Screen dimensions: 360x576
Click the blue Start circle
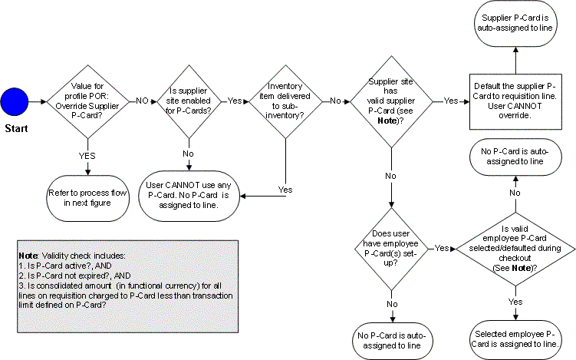15,101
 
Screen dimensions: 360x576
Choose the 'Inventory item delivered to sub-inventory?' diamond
285,101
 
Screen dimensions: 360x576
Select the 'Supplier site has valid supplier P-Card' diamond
391,101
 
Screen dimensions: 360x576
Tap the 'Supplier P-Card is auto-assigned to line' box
515,22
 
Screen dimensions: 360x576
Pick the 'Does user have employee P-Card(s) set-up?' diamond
391,248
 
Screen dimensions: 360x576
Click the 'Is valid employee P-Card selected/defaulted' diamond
515,248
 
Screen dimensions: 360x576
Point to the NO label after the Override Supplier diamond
142,101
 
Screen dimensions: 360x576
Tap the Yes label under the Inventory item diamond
285,189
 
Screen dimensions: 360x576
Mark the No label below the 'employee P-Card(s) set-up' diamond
391,303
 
